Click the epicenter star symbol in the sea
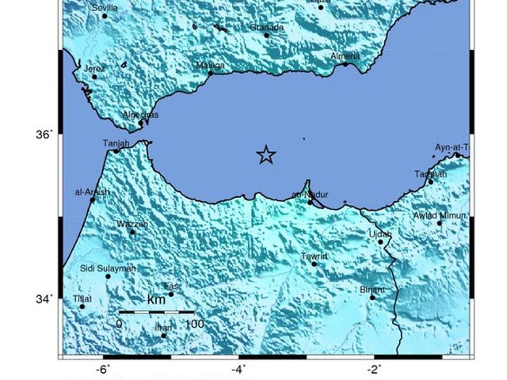point(266,155)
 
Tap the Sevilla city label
point(105,8)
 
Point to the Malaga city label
point(210,66)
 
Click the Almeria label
point(345,56)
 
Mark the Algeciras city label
point(140,115)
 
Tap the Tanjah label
point(116,143)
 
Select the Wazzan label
point(132,225)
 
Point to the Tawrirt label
point(314,256)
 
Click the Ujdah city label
point(380,234)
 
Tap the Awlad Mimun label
point(441,215)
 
